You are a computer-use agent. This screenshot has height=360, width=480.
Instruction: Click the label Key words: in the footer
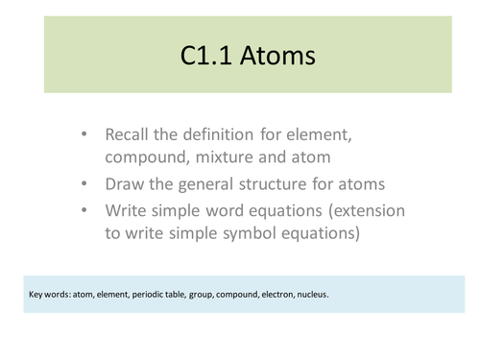(x=52, y=294)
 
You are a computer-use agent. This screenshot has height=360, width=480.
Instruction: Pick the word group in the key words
(x=209, y=294)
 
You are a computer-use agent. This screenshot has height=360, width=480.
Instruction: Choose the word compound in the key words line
(x=246, y=294)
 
